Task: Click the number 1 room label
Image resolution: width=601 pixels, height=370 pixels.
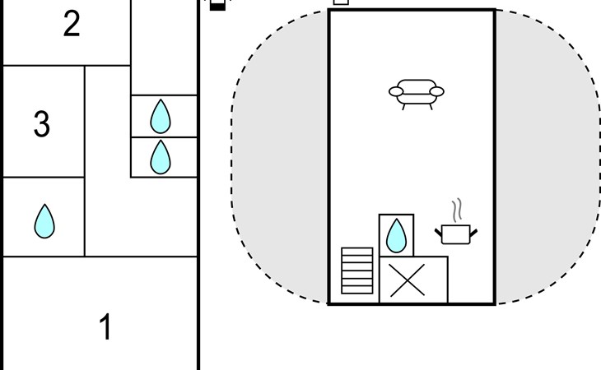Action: point(105,327)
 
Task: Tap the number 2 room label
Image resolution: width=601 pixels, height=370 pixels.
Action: point(72,25)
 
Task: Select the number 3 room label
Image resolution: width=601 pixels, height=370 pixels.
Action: point(42,124)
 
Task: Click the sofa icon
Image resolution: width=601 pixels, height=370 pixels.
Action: point(416,93)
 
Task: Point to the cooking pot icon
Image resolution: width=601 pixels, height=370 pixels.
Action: point(456,234)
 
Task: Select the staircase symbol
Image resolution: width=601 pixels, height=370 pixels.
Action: point(357,271)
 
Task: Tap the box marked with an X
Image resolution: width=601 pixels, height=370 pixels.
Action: point(413,280)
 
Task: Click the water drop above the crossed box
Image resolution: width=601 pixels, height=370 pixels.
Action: point(397,235)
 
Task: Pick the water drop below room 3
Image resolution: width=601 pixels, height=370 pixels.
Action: point(44,221)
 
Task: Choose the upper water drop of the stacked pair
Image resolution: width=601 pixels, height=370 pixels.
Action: point(160,116)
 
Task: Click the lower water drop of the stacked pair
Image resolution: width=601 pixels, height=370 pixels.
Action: point(160,157)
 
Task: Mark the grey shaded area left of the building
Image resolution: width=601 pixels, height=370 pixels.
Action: point(280,164)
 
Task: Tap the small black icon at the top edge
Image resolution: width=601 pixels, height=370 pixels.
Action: point(217,5)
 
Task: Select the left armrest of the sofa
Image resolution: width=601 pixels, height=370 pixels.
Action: point(394,91)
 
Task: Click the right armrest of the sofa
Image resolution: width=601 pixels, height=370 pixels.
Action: point(437,91)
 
